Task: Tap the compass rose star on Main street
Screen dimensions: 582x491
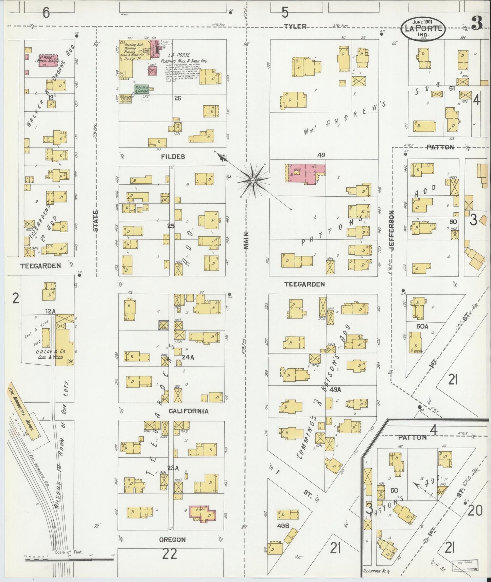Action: [x=253, y=180]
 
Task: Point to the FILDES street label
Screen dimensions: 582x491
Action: [x=173, y=157]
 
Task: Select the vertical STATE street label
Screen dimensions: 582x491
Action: [x=95, y=221]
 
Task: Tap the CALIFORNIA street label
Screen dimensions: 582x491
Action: [x=189, y=411]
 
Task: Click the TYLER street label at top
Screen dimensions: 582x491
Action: [x=295, y=26]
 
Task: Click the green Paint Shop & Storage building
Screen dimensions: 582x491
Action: [x=141, y=89]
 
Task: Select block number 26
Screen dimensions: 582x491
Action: [x=178, y=98]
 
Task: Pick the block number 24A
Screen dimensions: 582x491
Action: [x=188, y=357]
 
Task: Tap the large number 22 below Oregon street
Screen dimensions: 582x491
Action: [x=169, y=554]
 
